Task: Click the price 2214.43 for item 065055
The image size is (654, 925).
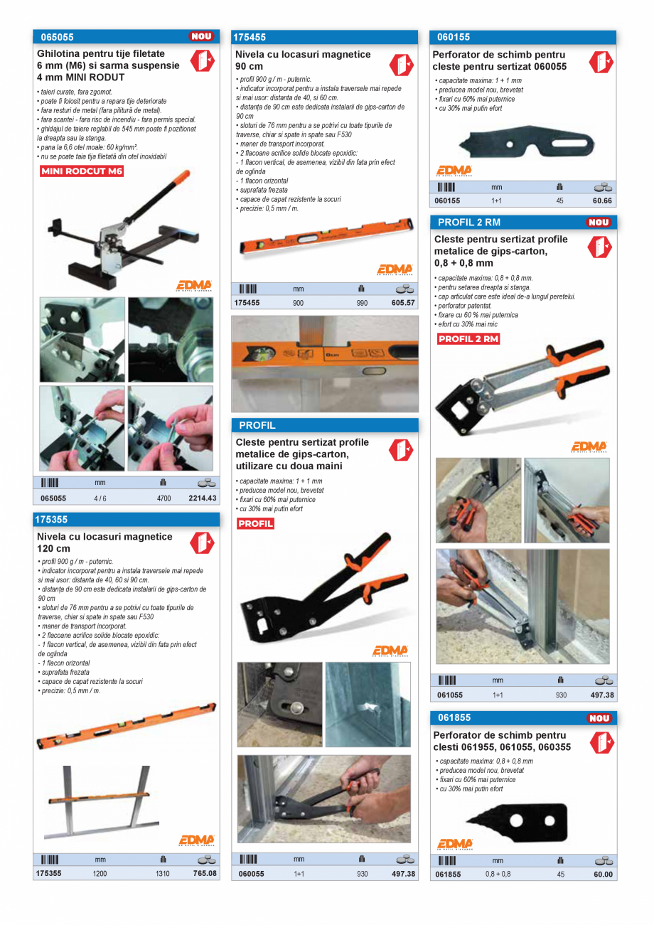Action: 202,498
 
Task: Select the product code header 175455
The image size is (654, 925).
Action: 250,37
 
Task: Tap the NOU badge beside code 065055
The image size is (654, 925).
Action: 200,36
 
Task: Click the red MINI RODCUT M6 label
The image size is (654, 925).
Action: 82,171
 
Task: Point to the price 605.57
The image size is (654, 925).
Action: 402,302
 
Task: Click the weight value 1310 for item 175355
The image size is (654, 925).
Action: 163,874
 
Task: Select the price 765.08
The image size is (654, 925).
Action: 204,873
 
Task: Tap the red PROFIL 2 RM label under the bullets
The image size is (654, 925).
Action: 468,339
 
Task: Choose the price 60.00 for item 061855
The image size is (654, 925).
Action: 603,875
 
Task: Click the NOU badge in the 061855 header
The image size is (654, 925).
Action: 599,719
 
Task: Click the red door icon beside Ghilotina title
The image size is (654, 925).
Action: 201,61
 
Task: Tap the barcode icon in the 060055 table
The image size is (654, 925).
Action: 248,859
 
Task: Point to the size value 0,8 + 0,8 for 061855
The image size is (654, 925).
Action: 498,875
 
